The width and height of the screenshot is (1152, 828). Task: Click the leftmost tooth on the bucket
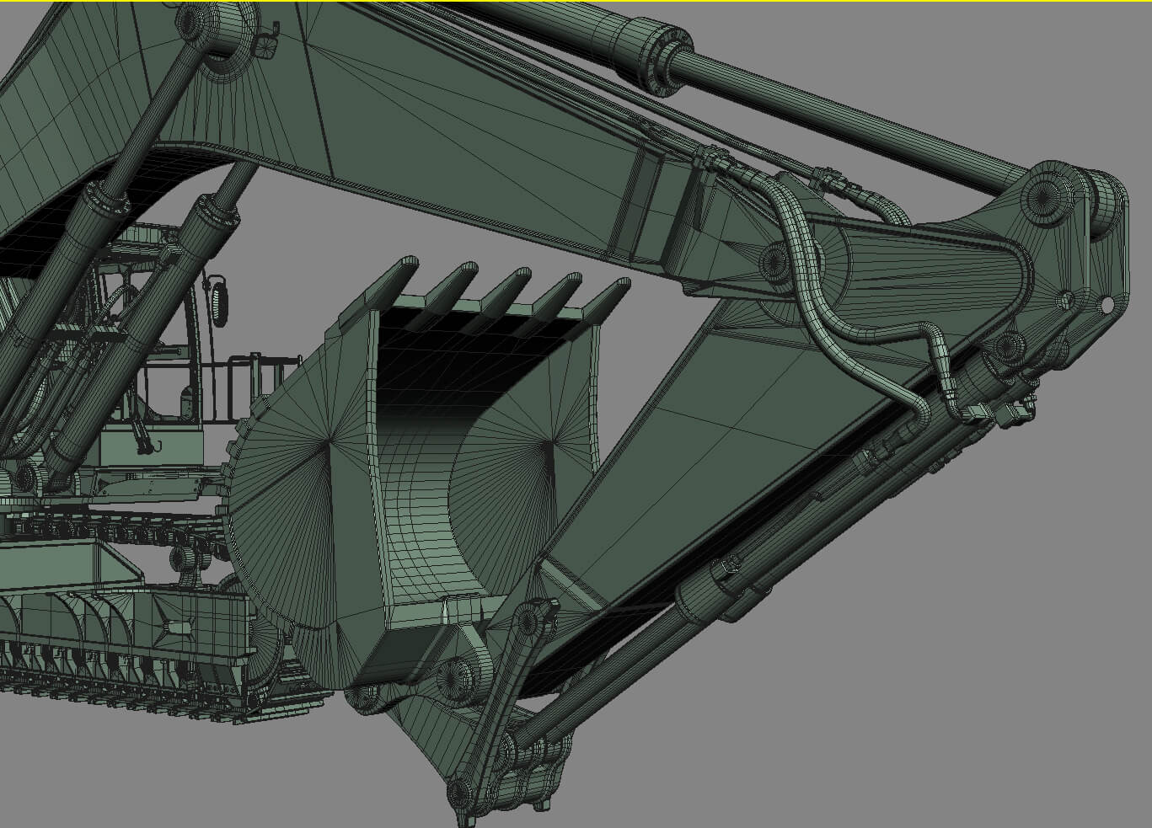[397, 275]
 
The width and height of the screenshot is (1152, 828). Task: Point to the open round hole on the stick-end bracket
[1106, 304]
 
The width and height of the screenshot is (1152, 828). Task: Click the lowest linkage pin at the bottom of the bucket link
[459, 792]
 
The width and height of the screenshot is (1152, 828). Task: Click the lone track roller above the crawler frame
[181, 557]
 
